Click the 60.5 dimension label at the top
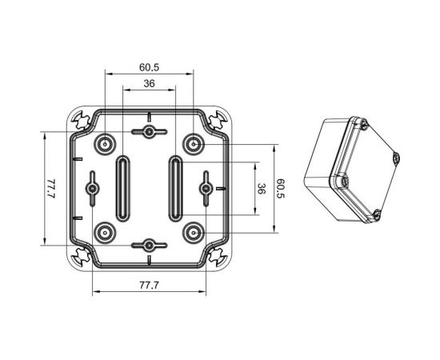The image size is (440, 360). click(x=149, y=67)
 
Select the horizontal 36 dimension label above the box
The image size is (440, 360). click(x=149, y=83)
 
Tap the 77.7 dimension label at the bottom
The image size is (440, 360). click(x=149, y=286)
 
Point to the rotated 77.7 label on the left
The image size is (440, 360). click(x=51, y=189)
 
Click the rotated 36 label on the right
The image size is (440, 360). click(x=261, y=189)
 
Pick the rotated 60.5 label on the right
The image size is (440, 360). click(x=280, y=188)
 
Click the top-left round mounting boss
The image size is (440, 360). click(x=105, y=145)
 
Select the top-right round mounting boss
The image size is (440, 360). click(x=194, y=145)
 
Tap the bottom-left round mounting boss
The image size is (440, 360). click(x=105, y=233)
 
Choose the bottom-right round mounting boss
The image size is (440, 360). click(x=194, y=233)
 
